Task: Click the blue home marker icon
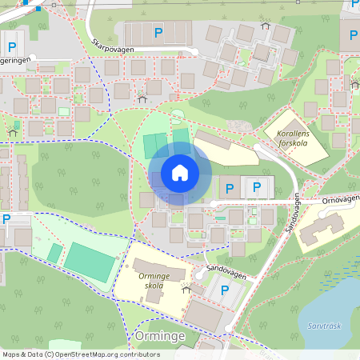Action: [x=179, y=172]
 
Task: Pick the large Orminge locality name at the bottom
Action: [x=160, y=336]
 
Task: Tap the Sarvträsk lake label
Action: [x=324, y=326]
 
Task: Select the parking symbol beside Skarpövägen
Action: [x=158, y=33]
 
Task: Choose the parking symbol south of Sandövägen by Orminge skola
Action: [x=225, y=290]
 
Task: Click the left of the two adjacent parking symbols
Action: [x=230, y=189]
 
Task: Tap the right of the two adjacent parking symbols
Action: [x=257, y=189]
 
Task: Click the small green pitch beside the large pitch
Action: [x=54, y=253]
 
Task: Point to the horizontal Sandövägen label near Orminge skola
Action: [x=225, y=271]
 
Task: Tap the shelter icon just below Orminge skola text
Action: [x=186, y=290]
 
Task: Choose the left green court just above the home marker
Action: [x=151, y=146]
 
